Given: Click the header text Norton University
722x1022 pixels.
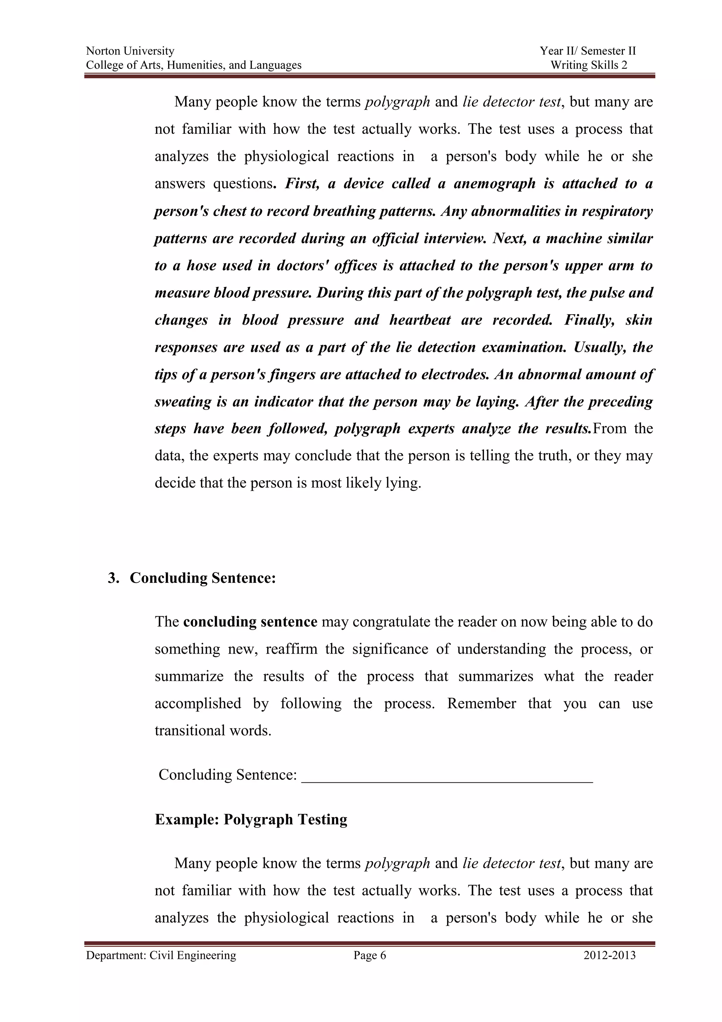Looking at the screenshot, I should click(130, 51).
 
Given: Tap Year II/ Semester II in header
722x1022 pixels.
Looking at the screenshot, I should click(588, 51).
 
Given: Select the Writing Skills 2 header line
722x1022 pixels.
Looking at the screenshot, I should click(588, 65).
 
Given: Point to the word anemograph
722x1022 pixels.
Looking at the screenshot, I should click(494, 183).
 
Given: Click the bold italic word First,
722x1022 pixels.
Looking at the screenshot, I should click(302, 183).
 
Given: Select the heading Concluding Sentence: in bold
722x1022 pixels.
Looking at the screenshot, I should click(203, 578).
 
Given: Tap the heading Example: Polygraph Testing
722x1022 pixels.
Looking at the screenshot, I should click(251, 819).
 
